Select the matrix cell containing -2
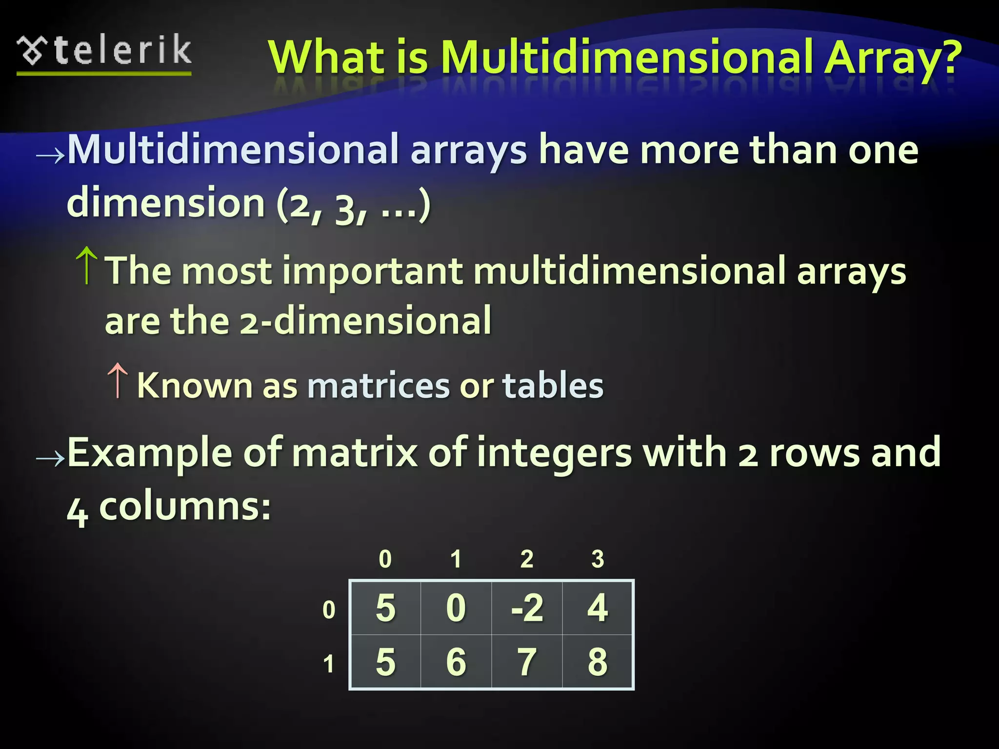(527, 608)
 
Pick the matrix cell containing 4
(598, 608)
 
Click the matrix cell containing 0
(456, 608)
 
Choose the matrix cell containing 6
(456, 662)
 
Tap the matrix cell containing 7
(527, 662)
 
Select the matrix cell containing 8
(598, 662)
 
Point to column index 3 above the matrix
(598, 559)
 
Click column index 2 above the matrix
(527, 559)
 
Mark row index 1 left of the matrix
(329, 664)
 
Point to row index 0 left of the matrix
(329, 610)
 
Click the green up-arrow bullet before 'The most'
(87, 265)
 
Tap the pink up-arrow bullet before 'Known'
(118, 380)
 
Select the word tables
(553, 386)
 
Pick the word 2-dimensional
(365, 321)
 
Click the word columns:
(185, 507)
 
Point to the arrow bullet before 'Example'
(50, 458)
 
